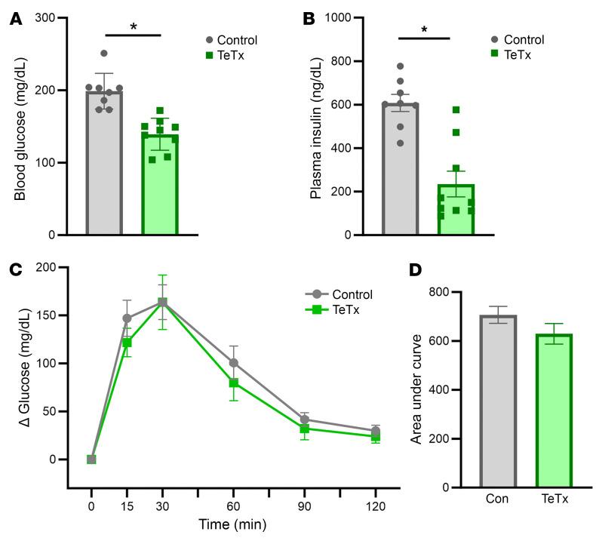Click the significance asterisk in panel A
click(x=133, y=27)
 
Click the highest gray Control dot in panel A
click(x=104, y=54)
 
